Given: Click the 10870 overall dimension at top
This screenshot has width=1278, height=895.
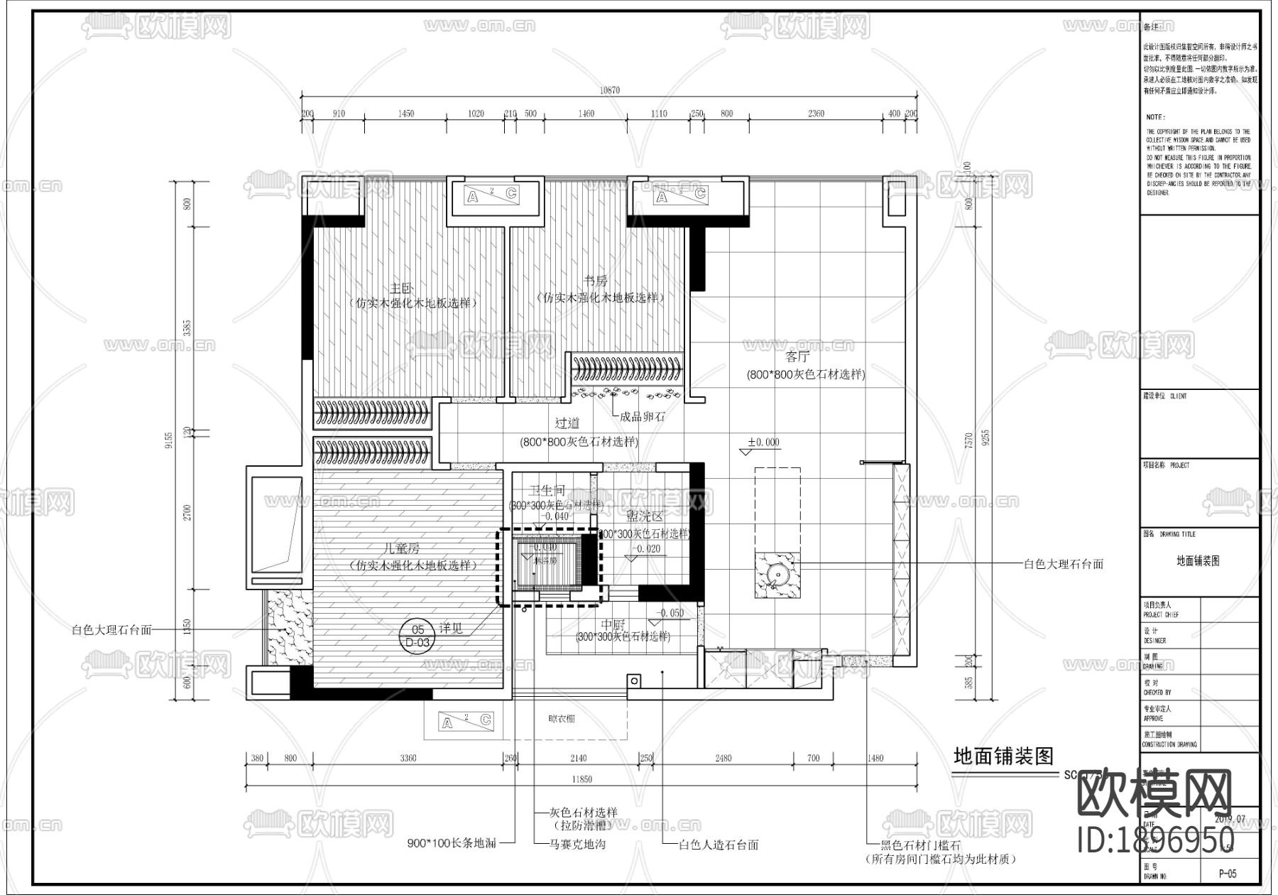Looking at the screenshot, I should [x=609, y=90].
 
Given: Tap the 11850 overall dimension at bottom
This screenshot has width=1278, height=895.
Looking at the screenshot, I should [x=581, y=779].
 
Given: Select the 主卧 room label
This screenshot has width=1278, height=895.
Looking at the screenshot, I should [x=401, y=288].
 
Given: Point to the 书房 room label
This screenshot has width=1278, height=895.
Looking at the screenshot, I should [x=596, y=282].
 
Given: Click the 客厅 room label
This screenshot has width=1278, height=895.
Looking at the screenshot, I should [x=797, y=357].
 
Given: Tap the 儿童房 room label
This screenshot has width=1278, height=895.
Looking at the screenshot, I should [x=402, y=549].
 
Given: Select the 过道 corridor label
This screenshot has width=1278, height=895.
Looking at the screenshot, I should [x=567, y=424].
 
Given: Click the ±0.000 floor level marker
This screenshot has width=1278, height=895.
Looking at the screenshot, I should [x=763, y=443].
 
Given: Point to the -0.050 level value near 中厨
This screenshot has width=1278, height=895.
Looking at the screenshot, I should [x=670, y=613].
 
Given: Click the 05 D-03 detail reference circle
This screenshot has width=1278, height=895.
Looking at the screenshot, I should [x=418, y=634].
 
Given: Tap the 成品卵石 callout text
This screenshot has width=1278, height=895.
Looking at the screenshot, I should [x=643, y=417].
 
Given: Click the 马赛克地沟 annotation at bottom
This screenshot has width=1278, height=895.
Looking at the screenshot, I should [x=577, y=845].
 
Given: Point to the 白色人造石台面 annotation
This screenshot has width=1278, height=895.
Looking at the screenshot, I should [x=719, y=845].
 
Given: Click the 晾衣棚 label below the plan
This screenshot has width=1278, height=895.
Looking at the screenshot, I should [x=562, y=719].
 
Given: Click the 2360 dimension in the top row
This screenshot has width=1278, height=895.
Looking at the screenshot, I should [x=816, y=114].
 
